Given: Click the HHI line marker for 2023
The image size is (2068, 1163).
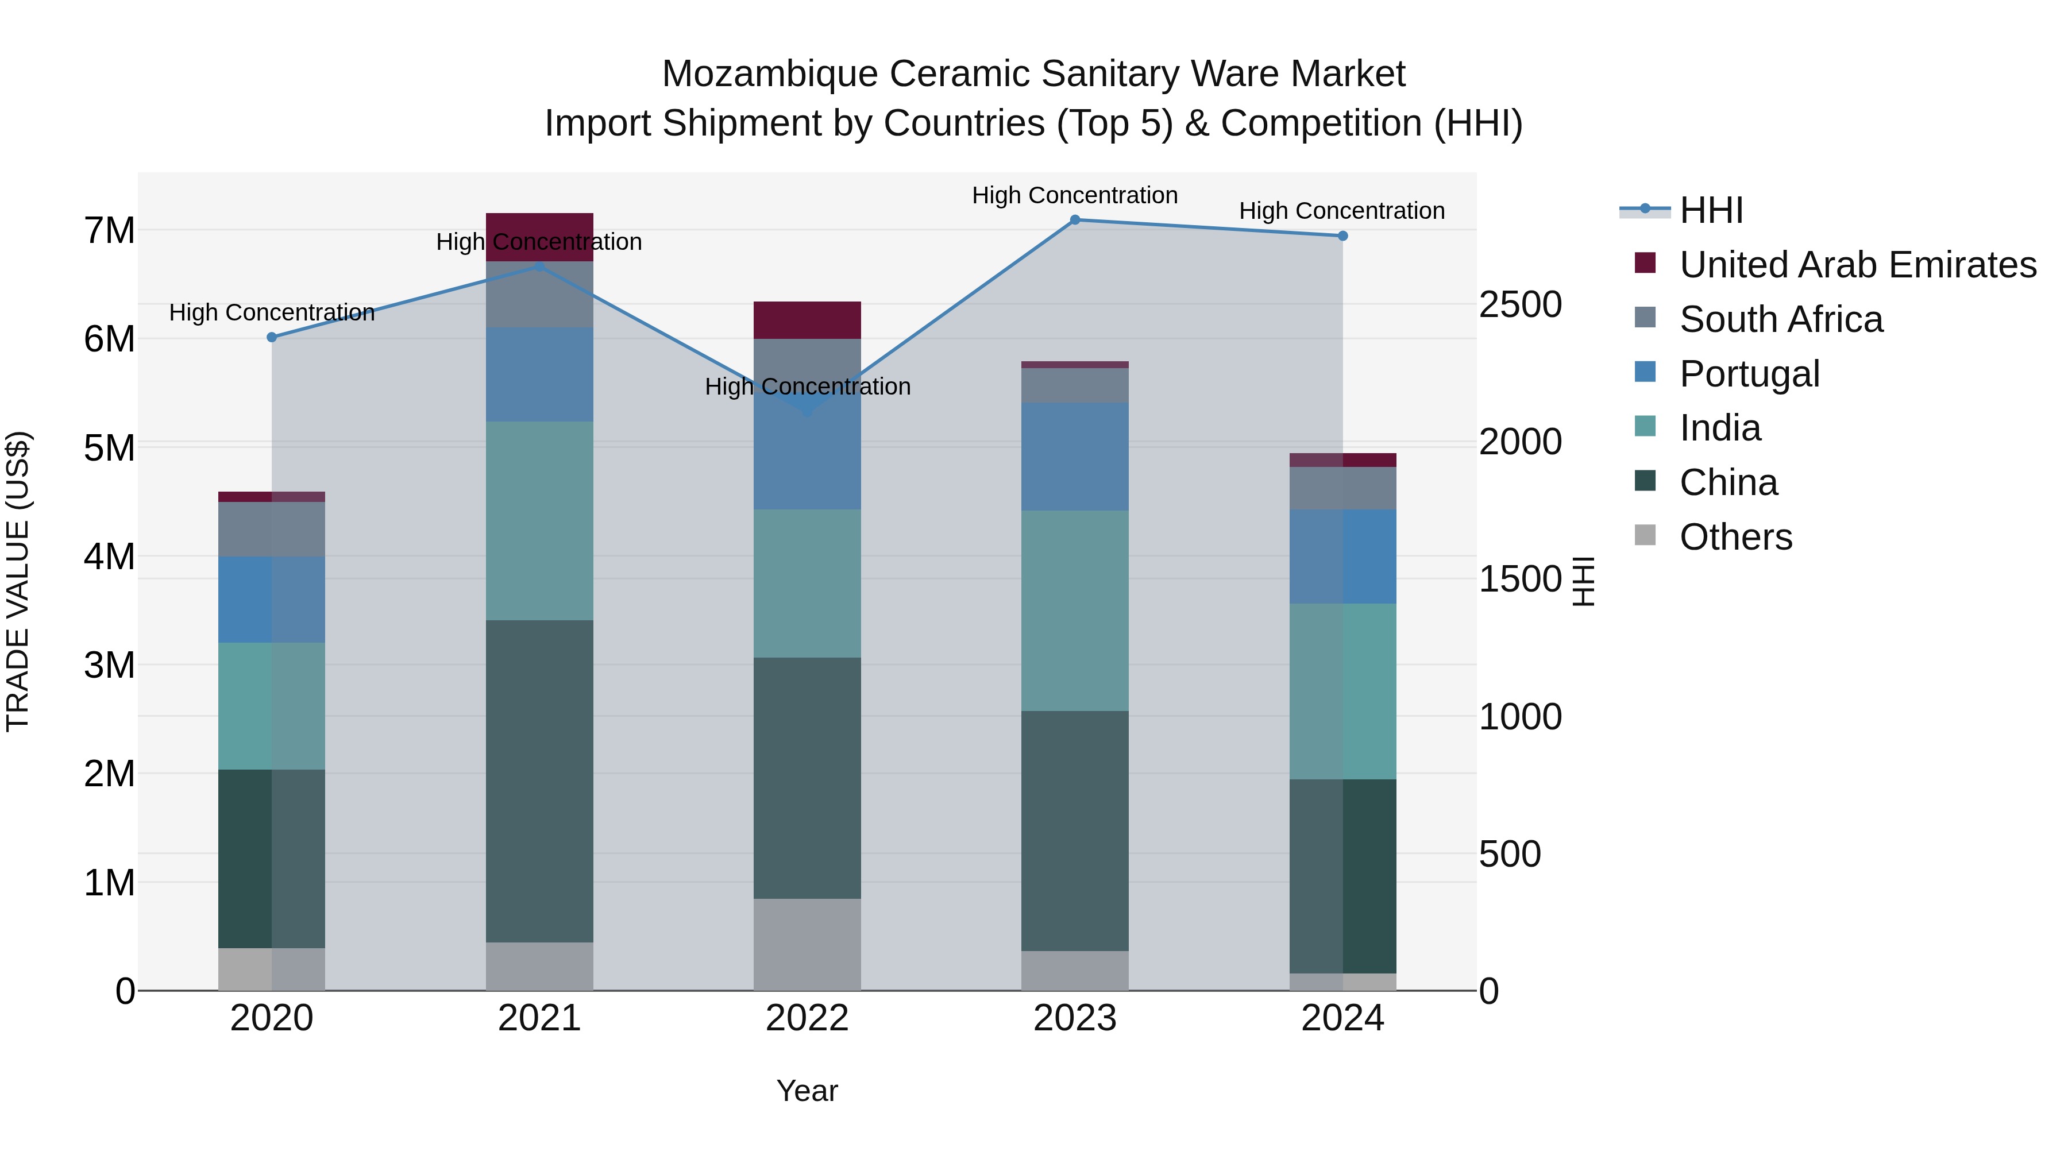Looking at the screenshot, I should (1075, 220).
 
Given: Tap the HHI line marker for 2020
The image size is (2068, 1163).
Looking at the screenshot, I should (271, 337).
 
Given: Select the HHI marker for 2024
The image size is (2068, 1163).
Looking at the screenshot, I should (1342, 236).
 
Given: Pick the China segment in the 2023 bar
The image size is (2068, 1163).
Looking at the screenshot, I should (1075, 830).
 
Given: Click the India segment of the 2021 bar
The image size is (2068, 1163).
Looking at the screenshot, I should (539, 521).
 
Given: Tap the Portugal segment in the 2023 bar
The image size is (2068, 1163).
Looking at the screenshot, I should (1075, 457).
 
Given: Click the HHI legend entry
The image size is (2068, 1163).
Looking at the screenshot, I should (1710, 210).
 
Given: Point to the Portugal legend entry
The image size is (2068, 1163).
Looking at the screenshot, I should (1749, 374).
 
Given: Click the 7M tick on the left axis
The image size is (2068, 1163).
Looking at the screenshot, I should (109, 231).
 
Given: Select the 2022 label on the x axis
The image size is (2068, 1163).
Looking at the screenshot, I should (807, 1018).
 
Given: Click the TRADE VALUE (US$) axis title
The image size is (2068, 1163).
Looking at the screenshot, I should (18, 581).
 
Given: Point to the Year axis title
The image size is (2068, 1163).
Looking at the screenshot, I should (807, 1091).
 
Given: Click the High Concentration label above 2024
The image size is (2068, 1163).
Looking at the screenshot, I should (1341, 211).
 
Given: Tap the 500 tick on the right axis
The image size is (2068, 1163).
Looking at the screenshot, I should (1509, 854).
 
